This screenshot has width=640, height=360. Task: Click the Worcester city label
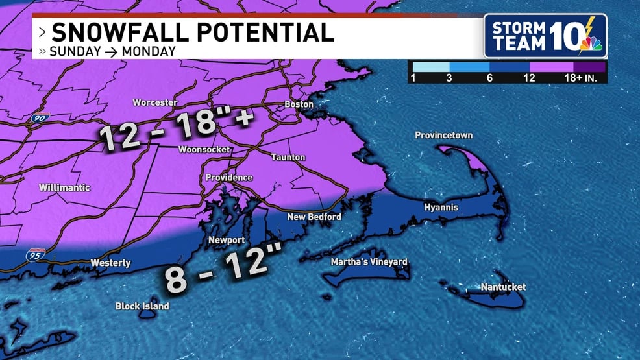155,102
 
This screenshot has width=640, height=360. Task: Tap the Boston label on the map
299,104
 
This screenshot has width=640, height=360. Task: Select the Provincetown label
443,136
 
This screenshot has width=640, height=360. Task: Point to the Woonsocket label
204,149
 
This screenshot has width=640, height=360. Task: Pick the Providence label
228,178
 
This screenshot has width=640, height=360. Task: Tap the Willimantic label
64,187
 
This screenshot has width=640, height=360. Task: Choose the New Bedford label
314,217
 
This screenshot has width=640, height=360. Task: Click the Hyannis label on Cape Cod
441,208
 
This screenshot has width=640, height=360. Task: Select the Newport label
226,240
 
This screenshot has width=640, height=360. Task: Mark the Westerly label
110,263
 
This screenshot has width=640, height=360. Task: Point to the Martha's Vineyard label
369,262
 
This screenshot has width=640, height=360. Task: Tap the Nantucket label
503,287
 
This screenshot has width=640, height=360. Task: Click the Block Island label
142,306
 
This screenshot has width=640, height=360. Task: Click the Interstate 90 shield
39,119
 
